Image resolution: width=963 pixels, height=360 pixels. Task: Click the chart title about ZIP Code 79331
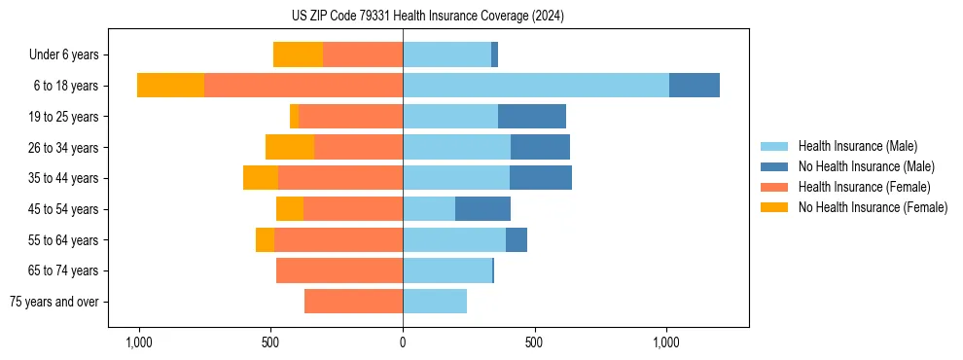point(427,17)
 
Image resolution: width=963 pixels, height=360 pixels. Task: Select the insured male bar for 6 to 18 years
point(535,86)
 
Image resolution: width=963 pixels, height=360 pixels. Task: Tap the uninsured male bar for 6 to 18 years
point(694,86)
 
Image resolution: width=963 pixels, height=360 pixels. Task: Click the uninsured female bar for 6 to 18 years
point(170,86)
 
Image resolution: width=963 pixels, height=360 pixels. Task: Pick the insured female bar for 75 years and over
point(353,302)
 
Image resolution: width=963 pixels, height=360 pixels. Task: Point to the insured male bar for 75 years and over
point(435,302)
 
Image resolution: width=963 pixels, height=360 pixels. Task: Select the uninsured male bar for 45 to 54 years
point(482,209)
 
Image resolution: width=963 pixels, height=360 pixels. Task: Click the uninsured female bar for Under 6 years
point(298,54)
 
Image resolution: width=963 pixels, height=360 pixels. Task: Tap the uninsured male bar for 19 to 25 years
point(532,117)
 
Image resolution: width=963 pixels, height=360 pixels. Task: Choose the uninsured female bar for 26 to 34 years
point(290,147)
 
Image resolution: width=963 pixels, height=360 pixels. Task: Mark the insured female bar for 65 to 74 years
point(339,270)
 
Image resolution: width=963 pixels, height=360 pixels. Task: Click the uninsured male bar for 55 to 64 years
point(516,239)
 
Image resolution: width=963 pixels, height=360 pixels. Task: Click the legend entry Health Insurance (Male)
point(857,146)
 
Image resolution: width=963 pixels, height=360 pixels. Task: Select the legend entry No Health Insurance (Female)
point(873,207)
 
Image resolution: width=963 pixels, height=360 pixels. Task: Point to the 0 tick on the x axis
point(403,342)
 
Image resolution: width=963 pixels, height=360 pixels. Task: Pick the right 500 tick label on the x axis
point(534,342)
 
